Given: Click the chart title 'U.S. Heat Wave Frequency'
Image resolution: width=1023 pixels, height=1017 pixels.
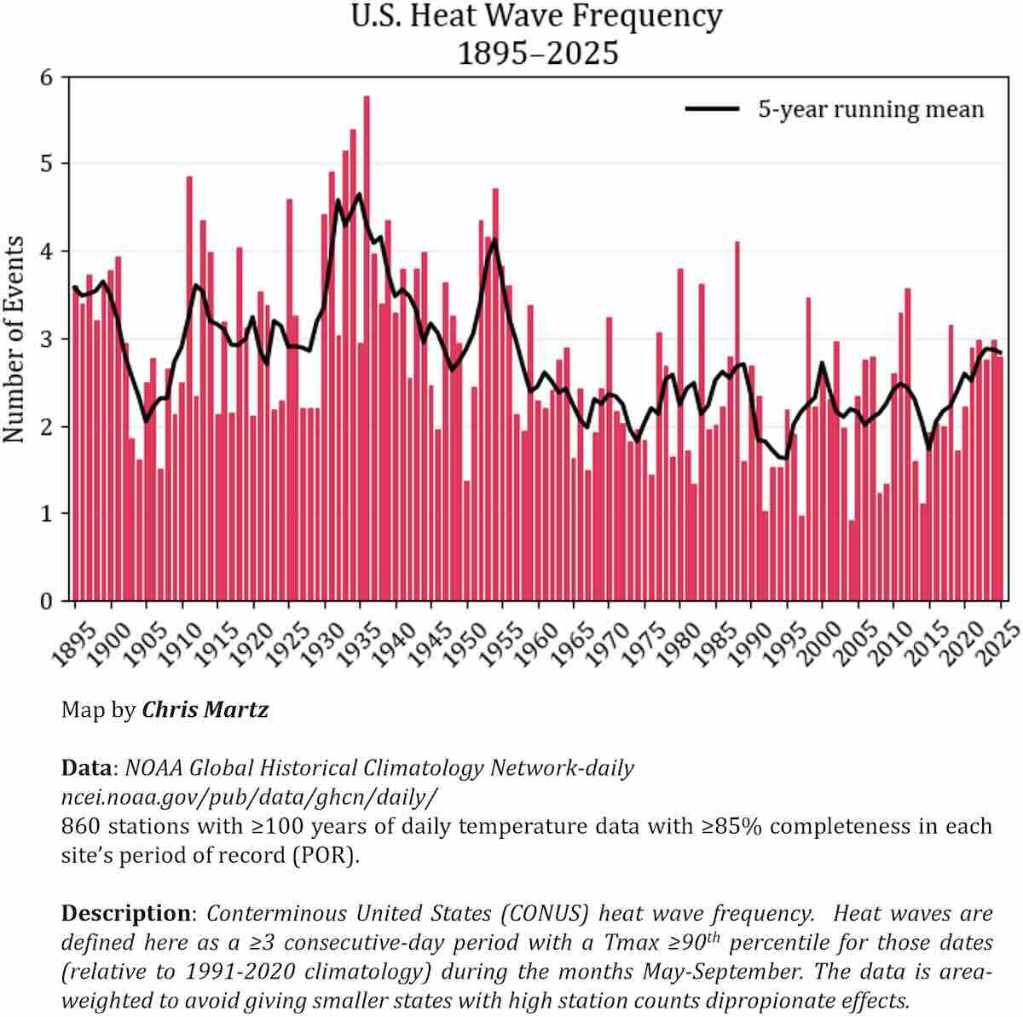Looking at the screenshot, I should click(537, 16).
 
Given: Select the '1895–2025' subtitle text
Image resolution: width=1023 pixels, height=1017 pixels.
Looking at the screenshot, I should click(537, 53).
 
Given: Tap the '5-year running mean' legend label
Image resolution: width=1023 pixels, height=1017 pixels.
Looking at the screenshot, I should click(870, 109).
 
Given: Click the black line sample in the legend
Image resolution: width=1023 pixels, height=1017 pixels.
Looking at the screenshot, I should click(712, 109).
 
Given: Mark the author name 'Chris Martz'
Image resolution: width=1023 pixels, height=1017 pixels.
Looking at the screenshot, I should click(205, 709).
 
